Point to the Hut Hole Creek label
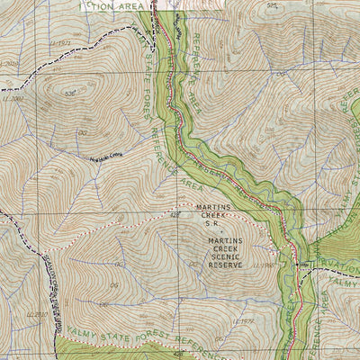coord(103,157)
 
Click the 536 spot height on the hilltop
coord(70,93)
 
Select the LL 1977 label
coord(243,320)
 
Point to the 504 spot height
coord(274,4)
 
